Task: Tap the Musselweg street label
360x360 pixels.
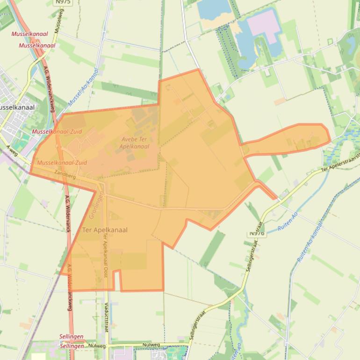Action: [58, 21]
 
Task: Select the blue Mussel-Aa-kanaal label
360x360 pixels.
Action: [84, 87]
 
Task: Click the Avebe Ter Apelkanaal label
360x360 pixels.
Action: [135, 143]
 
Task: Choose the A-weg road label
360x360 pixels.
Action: [13, 151]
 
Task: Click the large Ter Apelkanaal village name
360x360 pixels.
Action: [105, 230]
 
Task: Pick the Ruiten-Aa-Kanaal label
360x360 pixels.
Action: [310, 242]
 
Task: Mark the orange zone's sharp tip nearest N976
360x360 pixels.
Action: [275, 198]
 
